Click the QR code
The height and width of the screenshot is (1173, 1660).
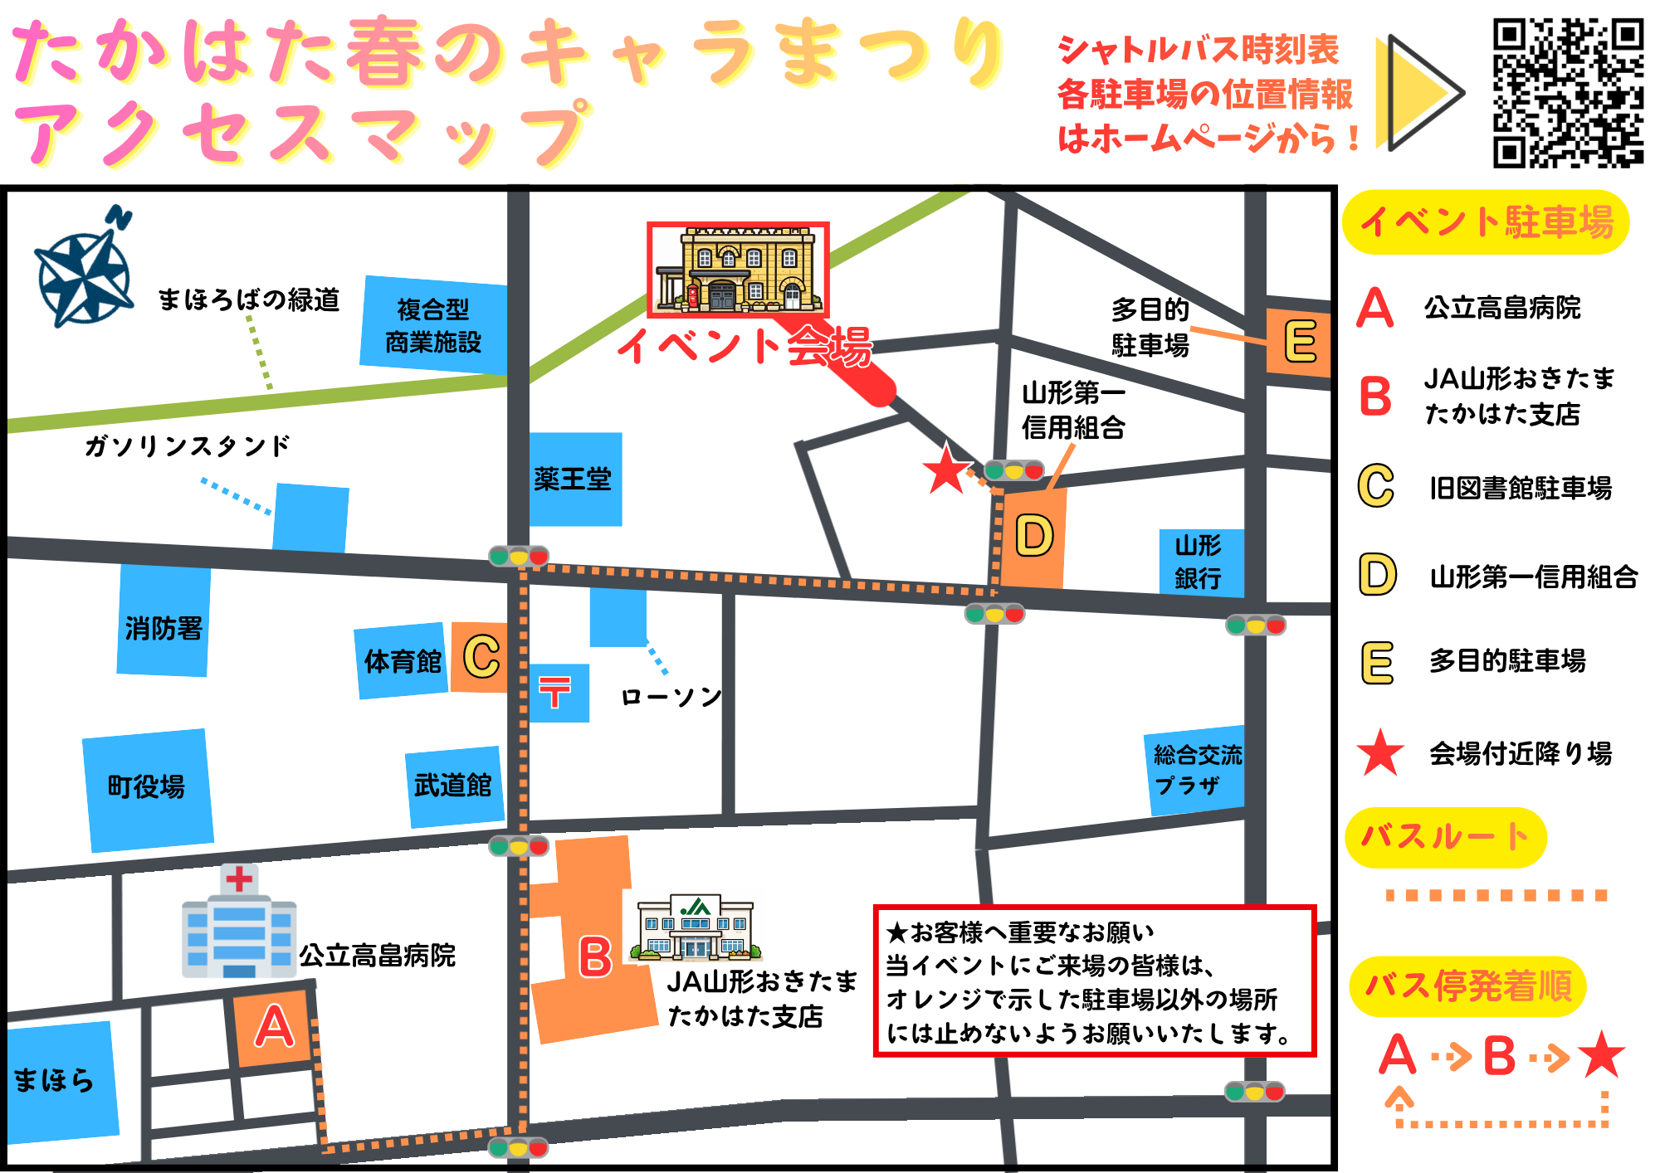(1568, 92)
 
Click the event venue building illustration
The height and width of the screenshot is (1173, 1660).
(738, 270)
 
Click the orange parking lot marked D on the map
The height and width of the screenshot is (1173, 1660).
(1033, 538)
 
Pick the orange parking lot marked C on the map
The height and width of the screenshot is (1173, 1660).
(480, 657)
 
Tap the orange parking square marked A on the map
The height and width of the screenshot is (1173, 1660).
(274, 1027)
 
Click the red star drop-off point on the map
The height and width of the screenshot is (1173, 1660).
(945, 470)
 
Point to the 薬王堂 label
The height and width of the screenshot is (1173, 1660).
(573, 479)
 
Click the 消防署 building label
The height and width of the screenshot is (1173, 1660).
(164, 628)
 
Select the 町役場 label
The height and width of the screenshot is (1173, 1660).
(147, 786)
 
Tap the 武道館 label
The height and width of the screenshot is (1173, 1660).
(453, 785)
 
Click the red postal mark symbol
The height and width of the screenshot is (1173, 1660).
(554, 692)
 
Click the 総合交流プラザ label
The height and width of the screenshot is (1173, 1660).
(1196, 769)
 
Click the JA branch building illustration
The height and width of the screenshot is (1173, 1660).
(696, 928)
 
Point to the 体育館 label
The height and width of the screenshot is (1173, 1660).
(403, 662)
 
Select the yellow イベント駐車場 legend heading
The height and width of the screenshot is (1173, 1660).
(1487, 222)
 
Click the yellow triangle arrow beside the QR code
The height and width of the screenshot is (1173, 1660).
(1416, 93)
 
